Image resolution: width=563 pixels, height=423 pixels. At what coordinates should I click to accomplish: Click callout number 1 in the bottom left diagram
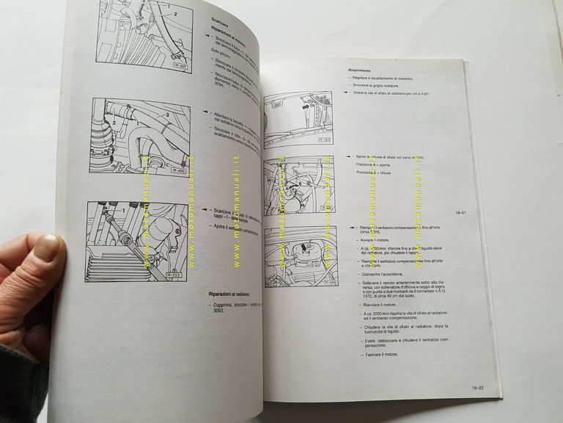coord(124,211)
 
